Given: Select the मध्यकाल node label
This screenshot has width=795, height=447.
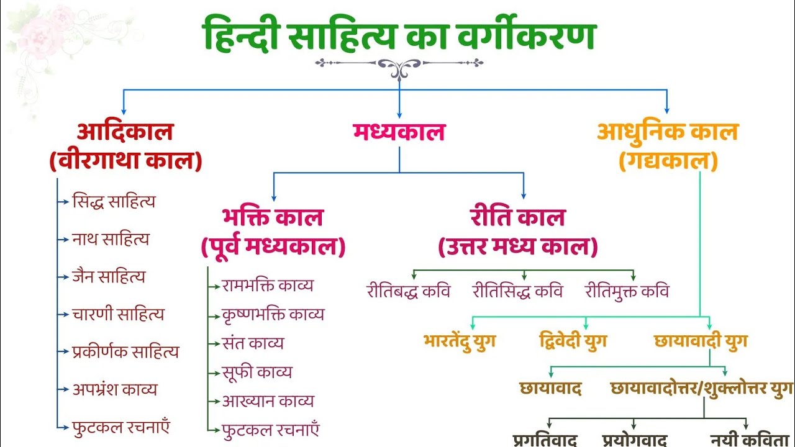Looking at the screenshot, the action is (399, 132).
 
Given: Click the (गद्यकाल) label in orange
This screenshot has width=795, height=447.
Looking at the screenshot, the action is (668, 161).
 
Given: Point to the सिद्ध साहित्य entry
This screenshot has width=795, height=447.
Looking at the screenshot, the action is (114, 201).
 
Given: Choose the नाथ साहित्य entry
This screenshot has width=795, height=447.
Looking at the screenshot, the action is (111, 239).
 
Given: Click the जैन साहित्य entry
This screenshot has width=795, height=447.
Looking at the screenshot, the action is (109, 276).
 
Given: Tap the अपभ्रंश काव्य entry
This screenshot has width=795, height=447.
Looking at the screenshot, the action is (115, 389).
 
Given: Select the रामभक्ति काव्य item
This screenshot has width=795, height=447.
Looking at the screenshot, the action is (268, 286).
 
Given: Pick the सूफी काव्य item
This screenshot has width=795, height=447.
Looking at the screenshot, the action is (257, 372).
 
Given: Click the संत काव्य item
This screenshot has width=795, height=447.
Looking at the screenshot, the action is (253, 343).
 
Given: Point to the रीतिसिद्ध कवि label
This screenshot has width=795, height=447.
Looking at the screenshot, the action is (517, 291).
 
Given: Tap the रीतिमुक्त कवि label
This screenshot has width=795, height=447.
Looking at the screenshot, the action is (627, 291).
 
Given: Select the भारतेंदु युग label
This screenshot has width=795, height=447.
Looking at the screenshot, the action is (460, 341).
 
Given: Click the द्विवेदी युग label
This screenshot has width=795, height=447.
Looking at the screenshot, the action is (573, 341).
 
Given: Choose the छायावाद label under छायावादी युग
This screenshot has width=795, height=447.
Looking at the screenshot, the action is (550, 389).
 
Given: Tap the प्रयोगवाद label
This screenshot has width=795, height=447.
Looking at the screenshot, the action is (635, 440).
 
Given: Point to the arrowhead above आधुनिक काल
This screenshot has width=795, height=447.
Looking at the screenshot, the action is (667, 110).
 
